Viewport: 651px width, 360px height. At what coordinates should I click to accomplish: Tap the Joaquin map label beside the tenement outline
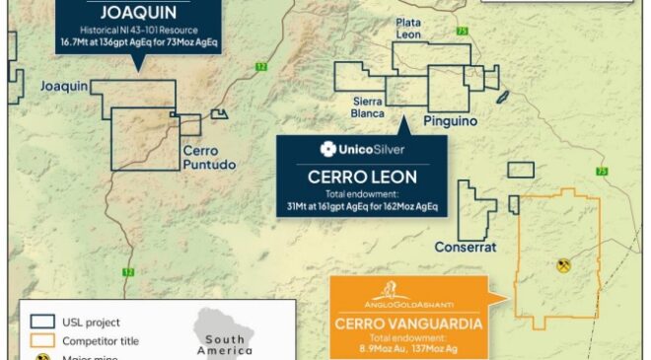click(x=65, y=88)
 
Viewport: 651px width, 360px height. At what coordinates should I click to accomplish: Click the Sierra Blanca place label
click(x=368, y=106)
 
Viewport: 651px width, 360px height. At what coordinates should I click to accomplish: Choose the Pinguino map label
click(x=450, y=120)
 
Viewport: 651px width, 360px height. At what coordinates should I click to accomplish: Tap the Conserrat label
click(x=466, y=248)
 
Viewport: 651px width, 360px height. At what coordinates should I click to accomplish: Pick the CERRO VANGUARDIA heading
click(x=407, y=323)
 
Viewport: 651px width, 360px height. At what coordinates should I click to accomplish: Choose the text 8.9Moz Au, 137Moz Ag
click(x=407, y=348)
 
